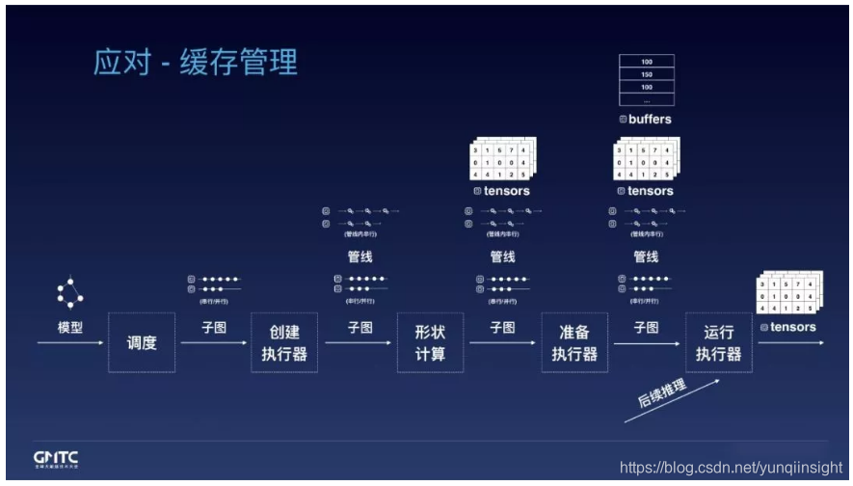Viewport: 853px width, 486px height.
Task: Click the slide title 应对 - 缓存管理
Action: pyautogui.click(x=196, y=62)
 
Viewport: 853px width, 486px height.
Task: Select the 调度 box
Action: pyautogui.click(x=141, y=342)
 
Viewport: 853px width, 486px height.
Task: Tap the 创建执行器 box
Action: pyautogui.click(x=284, y=342)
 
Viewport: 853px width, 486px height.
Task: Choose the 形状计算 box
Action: pyautogui.click(x=430, y=342)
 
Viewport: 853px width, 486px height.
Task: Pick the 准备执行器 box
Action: pyautogui.click(x=574, y=342)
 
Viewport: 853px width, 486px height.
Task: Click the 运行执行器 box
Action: pyautogui.click(x=719, y=342)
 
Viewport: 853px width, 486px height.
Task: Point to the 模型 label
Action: pyautogui.click(x=70, y=328)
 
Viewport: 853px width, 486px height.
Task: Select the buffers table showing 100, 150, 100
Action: pyautogui.click(x=646, y=80)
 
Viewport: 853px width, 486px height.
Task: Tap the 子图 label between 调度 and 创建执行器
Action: pyautogui.click(x=214, y=328)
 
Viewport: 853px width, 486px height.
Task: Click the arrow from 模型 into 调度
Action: pyautogui.click(x=70, y=342)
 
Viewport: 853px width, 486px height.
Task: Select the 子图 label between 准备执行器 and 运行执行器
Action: pyautogui.click(x=647, y=328)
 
